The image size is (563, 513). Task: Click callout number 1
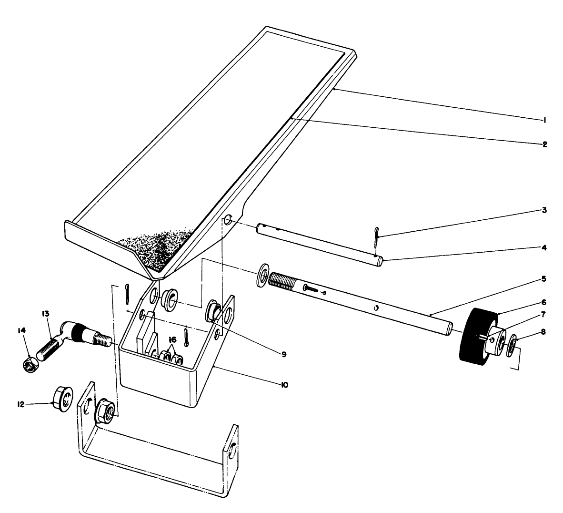[x=543, y=120]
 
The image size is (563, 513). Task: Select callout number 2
[x=544, y=144]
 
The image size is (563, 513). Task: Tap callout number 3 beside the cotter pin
[x=544, y=210]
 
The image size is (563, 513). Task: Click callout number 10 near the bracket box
[x=284, y=384]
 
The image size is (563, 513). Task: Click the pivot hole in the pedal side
[x=228, y=220]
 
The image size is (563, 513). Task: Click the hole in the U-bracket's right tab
[x=232, y=450]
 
